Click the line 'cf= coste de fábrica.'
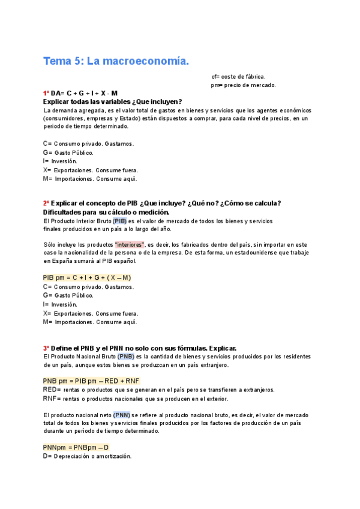click(x=238, y=76)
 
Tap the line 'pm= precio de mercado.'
click(x=243, y=85)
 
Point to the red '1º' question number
click(x=46, y=94)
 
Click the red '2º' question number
click(x=46, y=203)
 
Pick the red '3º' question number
click(x=46, y=348)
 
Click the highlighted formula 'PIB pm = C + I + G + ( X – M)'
click(x=87, y=278)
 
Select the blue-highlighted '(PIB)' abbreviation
click(x=120, y=221)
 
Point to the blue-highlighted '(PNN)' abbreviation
click(x=121, y=415)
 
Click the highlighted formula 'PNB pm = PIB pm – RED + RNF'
click(x=91, y=381)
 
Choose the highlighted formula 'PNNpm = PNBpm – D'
click(x=76, y=448)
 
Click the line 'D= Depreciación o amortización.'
click(x=87, y=456)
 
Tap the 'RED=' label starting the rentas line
click(x=50, y=390)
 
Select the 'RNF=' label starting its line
click(x=50, y=399)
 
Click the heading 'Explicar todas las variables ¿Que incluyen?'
click(x=112, y=102)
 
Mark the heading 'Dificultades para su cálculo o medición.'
click(x=106, y=212)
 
